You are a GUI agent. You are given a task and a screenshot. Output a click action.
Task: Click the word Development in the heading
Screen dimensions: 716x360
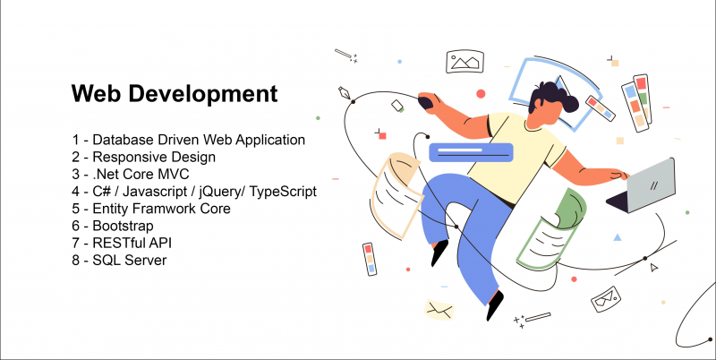(x=203, y=95)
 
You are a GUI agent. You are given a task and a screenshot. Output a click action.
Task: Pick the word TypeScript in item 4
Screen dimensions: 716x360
(x=282, y=192)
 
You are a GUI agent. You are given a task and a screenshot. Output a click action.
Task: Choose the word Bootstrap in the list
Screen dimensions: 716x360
(x=123, y=227)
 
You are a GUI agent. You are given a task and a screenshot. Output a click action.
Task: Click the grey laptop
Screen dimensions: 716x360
(x=644, y=186)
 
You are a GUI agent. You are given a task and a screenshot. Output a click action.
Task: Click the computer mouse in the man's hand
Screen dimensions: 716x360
(x=426, y=103)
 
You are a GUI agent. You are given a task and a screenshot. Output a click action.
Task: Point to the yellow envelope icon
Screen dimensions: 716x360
(x=439, y=310)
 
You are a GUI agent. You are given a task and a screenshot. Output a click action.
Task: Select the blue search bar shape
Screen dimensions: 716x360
(x=472, y=152)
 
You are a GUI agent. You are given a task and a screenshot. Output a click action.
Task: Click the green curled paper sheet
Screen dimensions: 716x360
(x=552, y=228)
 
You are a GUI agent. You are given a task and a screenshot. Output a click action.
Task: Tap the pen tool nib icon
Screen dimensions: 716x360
(x=345, y=93)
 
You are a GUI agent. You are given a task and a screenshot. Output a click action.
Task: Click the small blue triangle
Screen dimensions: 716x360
(x=618, y=237)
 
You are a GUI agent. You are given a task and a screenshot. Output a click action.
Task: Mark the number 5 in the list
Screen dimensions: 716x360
(x=76, y=209)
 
